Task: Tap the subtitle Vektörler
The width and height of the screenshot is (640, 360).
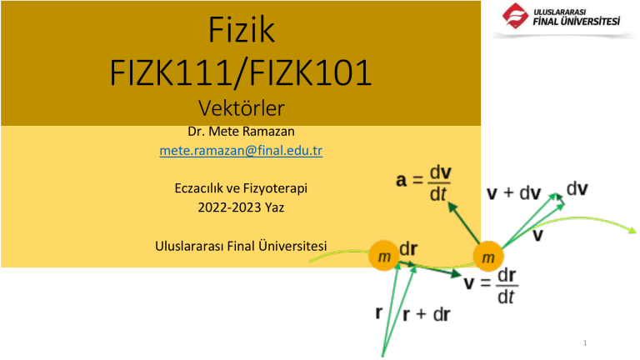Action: (x=240, y=108)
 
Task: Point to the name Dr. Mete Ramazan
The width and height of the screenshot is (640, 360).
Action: (x=240, y=133)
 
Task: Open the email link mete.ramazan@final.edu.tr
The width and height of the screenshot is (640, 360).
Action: (x=240, y=152)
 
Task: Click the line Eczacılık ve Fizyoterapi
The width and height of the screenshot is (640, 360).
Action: (x=240, y=189)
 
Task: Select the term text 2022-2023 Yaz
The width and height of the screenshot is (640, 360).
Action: (x=240, y=207)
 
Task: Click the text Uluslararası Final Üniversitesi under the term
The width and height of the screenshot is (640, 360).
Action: (x=242, y=246)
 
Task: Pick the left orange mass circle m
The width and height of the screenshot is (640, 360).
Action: (x=383, y=257)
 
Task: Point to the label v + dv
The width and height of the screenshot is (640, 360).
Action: (x=514, y=193)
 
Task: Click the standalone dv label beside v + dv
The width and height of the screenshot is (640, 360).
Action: (x=580, y=188)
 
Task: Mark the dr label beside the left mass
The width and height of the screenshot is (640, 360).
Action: (x=409, y=247)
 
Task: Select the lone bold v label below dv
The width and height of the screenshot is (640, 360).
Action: (x=539, y=237)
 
